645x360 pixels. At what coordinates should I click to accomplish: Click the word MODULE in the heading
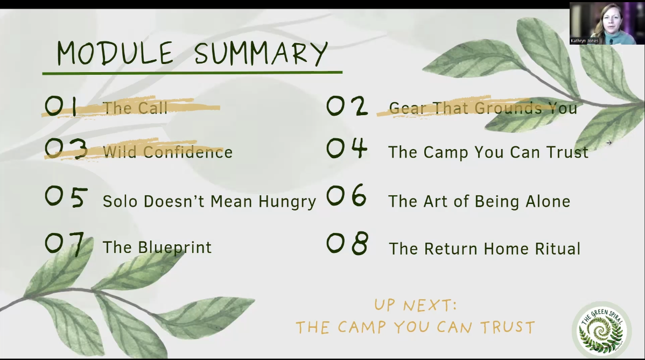click(x=115, y=53)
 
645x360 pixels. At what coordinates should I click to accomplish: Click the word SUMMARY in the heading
click(x=261, y=53)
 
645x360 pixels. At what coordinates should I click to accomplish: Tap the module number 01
click(x=61, y=107)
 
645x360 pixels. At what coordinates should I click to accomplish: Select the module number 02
click(x=347, y=106)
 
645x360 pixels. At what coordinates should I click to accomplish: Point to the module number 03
click(x=66, y=149)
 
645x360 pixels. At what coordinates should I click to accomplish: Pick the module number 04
click(x=347, y=148)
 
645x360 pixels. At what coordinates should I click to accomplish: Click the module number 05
click(x=66, y=197)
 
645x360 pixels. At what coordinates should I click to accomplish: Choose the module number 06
click(x=346, y=195)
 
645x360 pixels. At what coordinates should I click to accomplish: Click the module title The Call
click(x=135, y=108)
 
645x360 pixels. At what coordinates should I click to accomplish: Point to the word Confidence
click(x=188, y=152)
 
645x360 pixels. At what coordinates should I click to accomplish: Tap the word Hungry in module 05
click(x=287, y=202)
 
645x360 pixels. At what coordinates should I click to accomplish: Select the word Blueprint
click(x=174, y=248)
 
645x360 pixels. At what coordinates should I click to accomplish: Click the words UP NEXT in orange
click(x=415, y=305)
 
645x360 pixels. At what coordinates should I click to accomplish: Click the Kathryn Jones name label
click(x=584, y=41)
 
